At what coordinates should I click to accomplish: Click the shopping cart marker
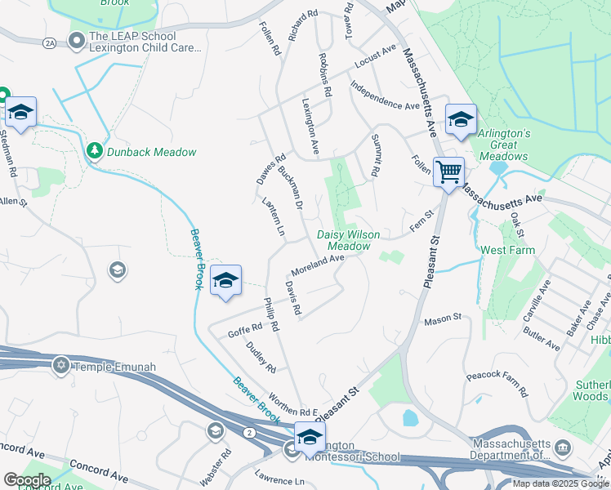point(448,172)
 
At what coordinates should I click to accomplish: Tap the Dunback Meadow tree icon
point(95,151)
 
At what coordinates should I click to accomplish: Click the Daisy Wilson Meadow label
point(349,239)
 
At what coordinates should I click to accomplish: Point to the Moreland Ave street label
point(319,265)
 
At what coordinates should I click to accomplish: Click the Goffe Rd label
point(245,330)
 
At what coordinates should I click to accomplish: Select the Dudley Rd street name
point(256,356)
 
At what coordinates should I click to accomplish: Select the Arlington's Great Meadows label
point(505,145)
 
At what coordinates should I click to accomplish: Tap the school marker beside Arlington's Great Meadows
point(461,119)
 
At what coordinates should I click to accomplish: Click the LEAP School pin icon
point(78,39)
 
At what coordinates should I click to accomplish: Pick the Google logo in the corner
point(27,480)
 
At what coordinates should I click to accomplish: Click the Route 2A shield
point(51,42)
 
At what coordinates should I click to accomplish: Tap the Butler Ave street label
point(542,340)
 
